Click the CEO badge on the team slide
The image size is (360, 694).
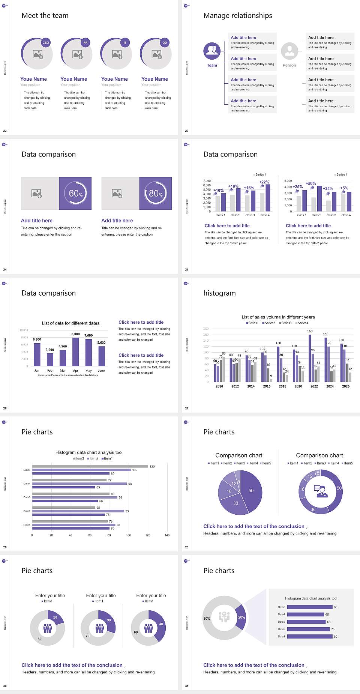tap(46, 42)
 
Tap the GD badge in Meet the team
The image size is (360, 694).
tap(165, 42)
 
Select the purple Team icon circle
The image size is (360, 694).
tap(212, 51)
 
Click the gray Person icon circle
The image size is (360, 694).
tap(289, 51)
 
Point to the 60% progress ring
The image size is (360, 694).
tap(75, 193)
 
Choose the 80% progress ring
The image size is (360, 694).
tap(156, 193)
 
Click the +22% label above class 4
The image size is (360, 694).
tap(264, 182)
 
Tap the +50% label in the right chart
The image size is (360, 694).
tap(310, 183)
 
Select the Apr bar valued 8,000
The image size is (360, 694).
tap(76, 352)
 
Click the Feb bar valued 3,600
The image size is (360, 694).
tap(50, 359)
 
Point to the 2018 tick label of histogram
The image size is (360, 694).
tap(282, 386)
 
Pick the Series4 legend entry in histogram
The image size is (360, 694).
tap(302, 323)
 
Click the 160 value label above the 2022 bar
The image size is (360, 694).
tap(310, 331)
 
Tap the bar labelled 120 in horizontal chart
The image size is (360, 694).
tap(90, 466)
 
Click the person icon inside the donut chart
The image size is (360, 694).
tap(321, 491)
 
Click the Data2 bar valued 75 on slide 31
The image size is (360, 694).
tap(308, 629)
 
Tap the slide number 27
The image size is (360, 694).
tap(187, 408)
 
